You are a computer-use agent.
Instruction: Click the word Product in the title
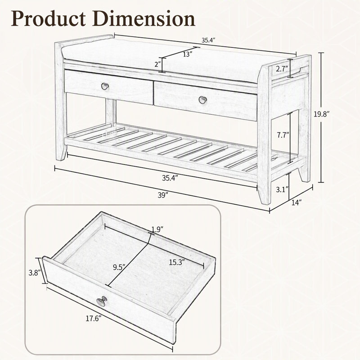pos(48,19)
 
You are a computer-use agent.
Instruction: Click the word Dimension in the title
pos(144,18)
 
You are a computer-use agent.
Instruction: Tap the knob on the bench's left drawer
pos(105,86)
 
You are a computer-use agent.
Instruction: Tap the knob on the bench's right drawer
pos(203,99)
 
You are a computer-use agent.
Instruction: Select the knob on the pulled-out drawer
pos(102,301)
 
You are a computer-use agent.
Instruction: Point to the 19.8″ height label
pos(322,114)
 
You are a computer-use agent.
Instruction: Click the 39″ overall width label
pos(163,195)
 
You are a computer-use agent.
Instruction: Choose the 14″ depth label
pos(296,202)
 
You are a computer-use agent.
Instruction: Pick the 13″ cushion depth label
pos(188,54)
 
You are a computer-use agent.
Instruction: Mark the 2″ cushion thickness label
pos(158,64)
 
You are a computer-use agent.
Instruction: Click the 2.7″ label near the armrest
pos(282,69)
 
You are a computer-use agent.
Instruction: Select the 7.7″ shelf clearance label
pos(283,135)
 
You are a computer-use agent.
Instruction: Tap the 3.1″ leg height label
pos(282,189)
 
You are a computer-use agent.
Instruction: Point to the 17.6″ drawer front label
pos(94,319)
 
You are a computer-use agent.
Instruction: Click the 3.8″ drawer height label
pos(35,273)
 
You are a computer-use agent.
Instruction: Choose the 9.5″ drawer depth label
pos(119,267)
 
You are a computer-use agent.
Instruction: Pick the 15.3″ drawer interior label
pos(177,262)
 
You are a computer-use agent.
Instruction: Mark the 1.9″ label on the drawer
pos(157,229)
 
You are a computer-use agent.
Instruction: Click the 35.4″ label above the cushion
pos(208,40)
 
